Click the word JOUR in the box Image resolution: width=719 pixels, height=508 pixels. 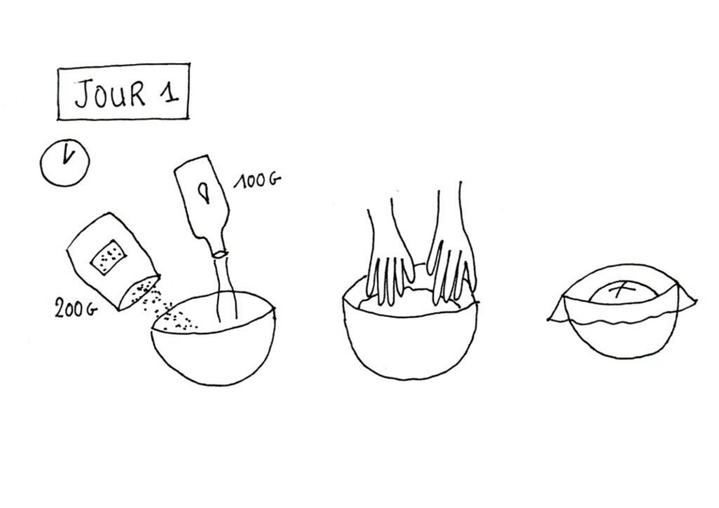tap(110, 93)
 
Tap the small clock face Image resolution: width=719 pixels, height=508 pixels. tap(65, 163)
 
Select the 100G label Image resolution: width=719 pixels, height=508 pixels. tap(257, 181)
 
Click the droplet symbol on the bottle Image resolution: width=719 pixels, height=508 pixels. tap(205, 193)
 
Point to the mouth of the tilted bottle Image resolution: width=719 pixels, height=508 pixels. tap(220, 254)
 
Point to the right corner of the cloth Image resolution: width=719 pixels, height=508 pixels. tap(694, 301)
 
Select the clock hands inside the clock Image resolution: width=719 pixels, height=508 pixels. tap(68, 154)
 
